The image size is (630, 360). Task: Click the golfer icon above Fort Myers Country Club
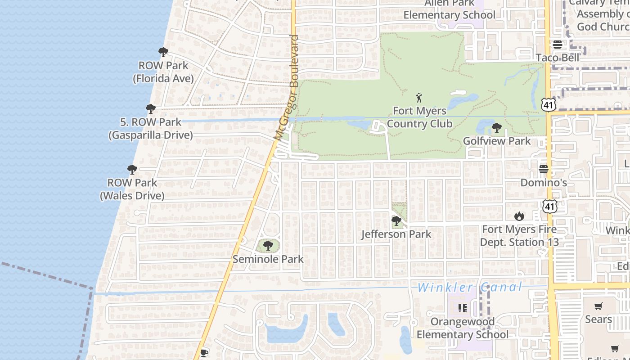coord(419,97)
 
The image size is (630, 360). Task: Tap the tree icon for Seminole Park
coord(268,246)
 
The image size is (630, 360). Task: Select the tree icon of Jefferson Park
coord(396,221)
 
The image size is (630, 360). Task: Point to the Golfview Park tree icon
coord(497,128)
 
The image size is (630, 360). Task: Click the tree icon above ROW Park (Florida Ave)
coord(163,52)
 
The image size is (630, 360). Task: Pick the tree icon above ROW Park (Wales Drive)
coord(132,170)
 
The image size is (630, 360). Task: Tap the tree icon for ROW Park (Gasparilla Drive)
coord(151,109)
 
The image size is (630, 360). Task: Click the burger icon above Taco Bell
coord(558,45)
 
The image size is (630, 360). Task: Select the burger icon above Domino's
coord(544,169)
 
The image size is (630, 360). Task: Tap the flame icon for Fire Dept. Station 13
coord(519,216)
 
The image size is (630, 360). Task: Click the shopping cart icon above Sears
coord(598,306)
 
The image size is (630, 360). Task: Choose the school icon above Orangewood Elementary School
coord(462,308)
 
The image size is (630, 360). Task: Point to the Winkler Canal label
coord(470,287)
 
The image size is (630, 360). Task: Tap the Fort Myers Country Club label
coord(419,117)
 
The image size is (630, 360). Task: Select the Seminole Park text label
coord(268,259)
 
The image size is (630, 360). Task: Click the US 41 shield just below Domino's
coord(549,207)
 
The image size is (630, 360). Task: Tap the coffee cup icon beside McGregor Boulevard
coord(204,352)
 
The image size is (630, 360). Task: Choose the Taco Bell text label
coord(558,58)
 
